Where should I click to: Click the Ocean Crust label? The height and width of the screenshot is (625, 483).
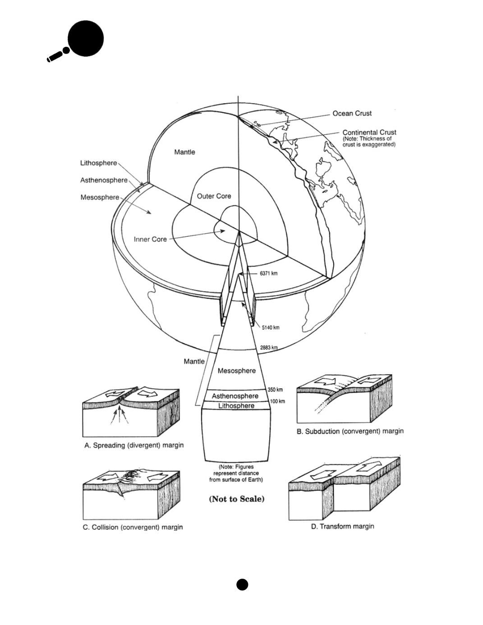pos(352,114)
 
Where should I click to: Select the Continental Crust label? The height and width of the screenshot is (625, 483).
pos(369,132)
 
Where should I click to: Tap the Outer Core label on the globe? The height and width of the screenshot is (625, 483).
pos(214,196)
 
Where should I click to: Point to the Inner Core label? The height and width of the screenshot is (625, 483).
pos(150,239)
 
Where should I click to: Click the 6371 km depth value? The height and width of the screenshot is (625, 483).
pos(268,274)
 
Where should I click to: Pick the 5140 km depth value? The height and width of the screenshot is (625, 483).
pos(271,327)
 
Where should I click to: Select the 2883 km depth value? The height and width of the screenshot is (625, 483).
pos(269,348)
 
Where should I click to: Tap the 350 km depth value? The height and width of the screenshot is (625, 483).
pos(275,390)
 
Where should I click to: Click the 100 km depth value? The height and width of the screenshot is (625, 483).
pos(277,401)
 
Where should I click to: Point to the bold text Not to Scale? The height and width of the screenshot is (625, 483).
pos(237,499)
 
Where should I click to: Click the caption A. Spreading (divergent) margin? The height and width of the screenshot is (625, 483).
pos(134,446)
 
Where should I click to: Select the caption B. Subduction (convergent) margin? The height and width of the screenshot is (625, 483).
pos(350,432)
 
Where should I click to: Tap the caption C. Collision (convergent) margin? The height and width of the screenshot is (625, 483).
pos(133,527)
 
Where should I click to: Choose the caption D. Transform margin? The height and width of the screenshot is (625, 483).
pos(342,526)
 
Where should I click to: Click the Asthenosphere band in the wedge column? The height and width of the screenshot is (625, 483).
pos(235,396)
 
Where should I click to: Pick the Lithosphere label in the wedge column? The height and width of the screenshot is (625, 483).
pos(236,406)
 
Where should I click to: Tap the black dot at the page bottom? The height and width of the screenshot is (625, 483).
pos(242,584)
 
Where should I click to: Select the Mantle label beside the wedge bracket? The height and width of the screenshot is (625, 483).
pos(194,361)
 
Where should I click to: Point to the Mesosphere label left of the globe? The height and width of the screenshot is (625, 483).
pos(100,198)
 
